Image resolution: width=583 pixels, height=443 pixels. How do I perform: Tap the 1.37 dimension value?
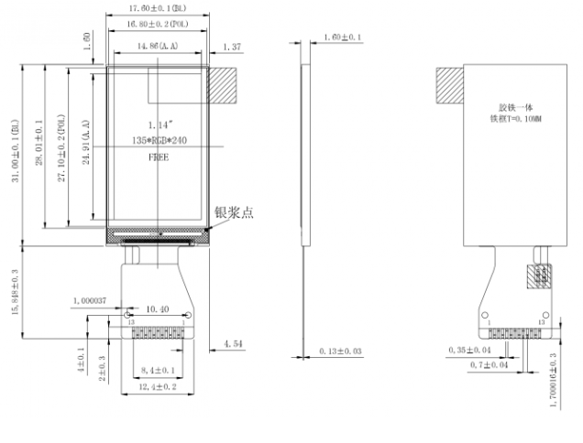(231, 46)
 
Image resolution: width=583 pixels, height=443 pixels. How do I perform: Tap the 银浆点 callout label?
(234, 212)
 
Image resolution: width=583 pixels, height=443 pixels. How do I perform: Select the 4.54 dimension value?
(232, 345)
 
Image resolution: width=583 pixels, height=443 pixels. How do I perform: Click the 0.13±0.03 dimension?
(340, 351)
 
